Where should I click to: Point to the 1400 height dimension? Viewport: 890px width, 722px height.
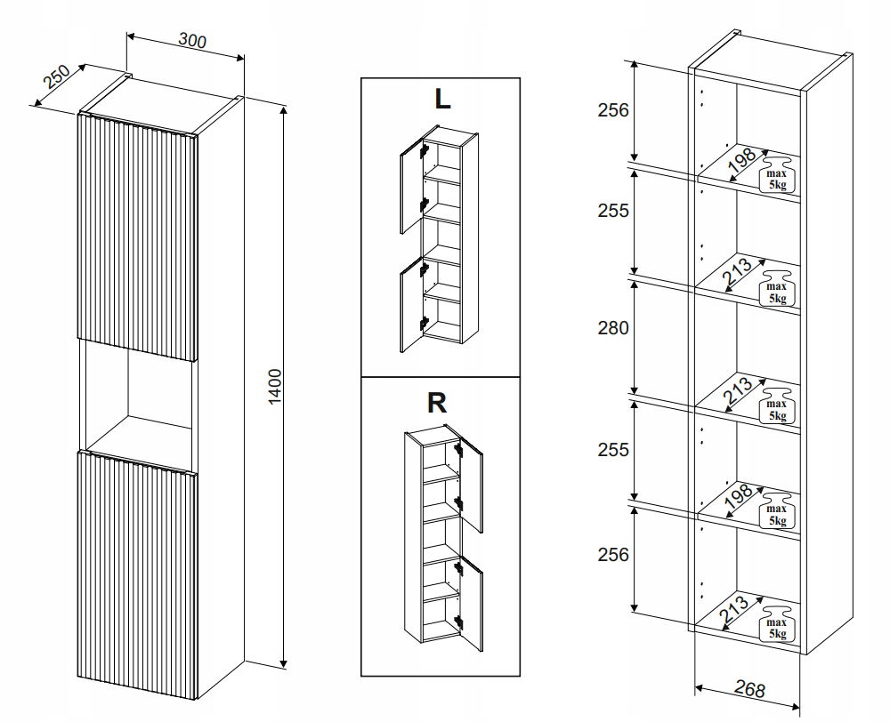274,388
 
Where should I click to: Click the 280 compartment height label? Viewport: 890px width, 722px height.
612,328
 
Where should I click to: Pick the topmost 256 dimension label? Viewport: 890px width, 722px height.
612,110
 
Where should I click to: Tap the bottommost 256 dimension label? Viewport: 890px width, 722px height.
612,554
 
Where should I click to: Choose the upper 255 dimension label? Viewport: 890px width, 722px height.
612,212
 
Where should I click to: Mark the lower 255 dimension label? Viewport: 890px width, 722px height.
612,450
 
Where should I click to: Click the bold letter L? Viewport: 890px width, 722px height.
441,99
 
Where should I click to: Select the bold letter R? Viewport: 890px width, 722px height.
436,403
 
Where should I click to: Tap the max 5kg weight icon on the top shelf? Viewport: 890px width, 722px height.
776,174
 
